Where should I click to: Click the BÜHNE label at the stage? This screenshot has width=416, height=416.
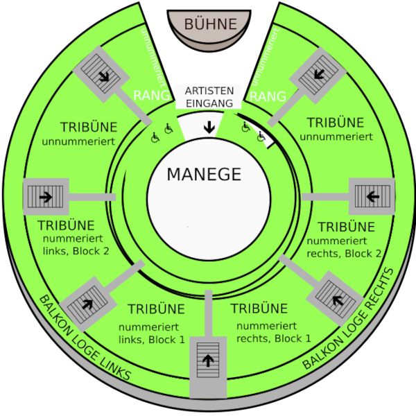coord(210,24)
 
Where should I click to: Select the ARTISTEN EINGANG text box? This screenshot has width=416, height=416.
coord(208,97)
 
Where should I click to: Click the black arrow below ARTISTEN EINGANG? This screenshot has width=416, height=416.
coord(208,127)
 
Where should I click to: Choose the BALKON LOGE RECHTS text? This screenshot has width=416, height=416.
coord(353,320)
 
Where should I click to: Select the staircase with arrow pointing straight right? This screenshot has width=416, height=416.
coord(46,197)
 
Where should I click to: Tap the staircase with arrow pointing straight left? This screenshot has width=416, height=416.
coord(372,196)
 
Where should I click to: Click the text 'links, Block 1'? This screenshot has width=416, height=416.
coord(152,339)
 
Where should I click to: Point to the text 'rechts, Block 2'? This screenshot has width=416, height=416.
coord(344,253)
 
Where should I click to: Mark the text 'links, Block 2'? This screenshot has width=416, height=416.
coord(74,250)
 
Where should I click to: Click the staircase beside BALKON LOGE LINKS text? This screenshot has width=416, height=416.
coord(88,303)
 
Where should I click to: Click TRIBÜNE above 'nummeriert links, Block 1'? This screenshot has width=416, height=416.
coord(157,309)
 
